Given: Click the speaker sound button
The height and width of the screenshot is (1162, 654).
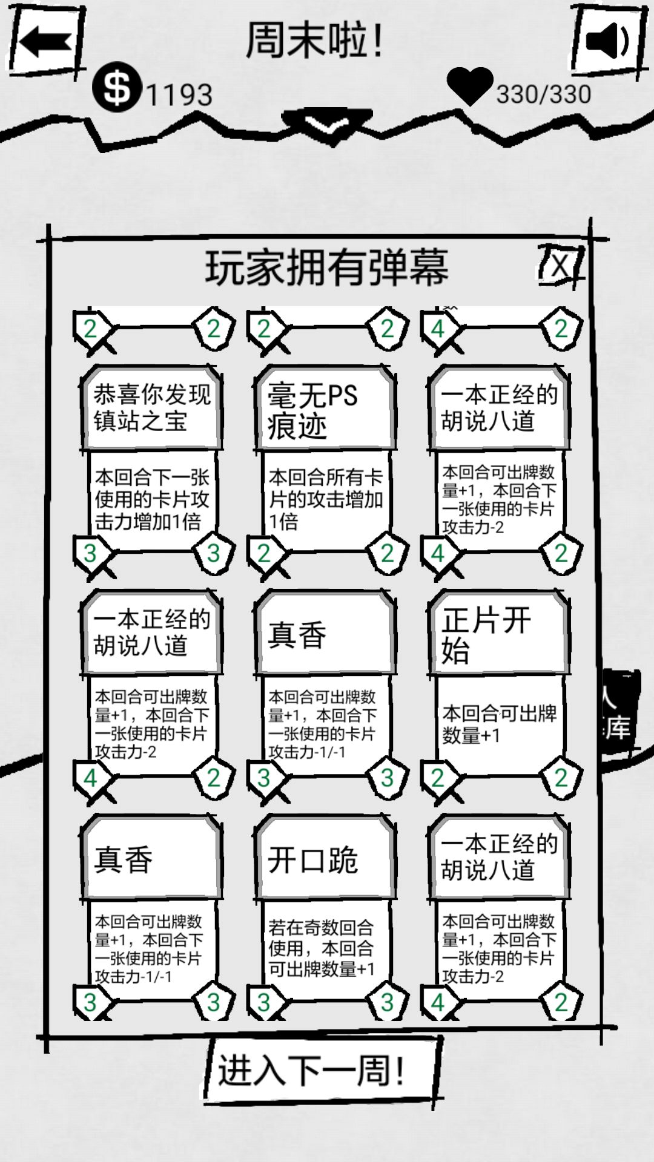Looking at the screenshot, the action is (x=608, y=41).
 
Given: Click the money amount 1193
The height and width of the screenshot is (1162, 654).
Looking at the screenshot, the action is (x=179, y=94).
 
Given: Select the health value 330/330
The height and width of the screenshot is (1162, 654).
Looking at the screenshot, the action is (x=544, y=94).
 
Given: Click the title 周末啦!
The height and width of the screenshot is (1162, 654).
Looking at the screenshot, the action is (x=314, y=41).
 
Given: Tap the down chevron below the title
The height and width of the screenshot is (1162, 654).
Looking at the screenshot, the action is (x=326, y=126).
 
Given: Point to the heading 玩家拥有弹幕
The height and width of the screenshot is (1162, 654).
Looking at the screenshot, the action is (x=327, y=268).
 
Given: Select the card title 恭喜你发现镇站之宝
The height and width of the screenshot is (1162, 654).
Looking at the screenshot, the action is (x=152, y=408).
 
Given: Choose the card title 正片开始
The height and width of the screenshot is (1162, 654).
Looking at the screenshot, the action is (x=486, y=635).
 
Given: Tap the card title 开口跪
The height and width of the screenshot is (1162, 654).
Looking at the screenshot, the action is (x=313, y=859).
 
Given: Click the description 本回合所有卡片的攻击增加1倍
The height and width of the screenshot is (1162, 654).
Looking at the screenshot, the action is (x=326, y=499).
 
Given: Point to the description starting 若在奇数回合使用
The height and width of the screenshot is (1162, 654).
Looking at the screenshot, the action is (x=322, y=948).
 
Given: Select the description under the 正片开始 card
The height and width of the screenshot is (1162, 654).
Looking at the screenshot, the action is (x=500, y=724).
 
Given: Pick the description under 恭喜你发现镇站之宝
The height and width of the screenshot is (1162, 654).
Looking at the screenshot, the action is (x=152, y=499).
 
